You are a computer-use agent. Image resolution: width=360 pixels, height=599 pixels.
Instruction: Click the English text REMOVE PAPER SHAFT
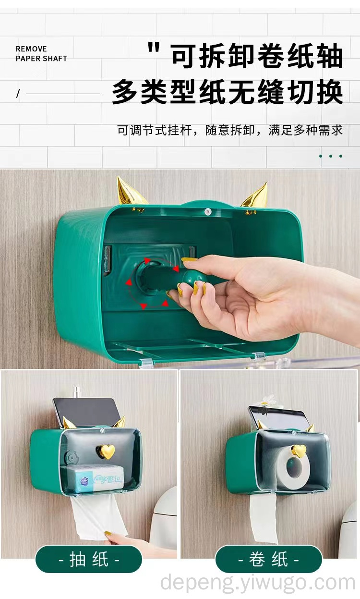(41, 53)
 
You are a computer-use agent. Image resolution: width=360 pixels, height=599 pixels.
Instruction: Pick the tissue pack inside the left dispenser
(100, 480)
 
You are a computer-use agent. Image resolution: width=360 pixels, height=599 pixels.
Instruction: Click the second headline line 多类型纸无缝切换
(228, 92)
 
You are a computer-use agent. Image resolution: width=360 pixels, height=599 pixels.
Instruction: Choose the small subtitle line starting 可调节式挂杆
(230, 130)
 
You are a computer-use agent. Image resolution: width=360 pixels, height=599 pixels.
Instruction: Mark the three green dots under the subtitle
(331, 156)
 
